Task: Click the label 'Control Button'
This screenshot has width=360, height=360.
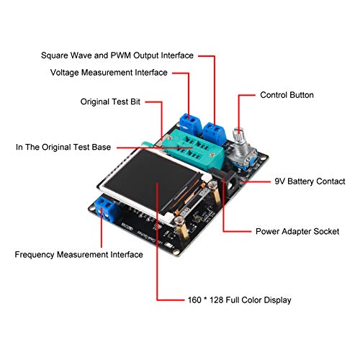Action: coord(287,95)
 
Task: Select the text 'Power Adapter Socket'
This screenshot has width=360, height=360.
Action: coord(297,232)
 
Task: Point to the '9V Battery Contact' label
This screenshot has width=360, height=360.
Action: coord(310,181)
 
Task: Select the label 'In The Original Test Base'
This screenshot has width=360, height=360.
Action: coord(63,147)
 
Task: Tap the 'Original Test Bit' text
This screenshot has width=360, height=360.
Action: coord(109,102)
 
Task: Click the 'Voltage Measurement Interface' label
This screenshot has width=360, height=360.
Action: coord(109,72)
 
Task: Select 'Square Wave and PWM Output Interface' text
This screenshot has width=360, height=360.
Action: coord(117,55)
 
